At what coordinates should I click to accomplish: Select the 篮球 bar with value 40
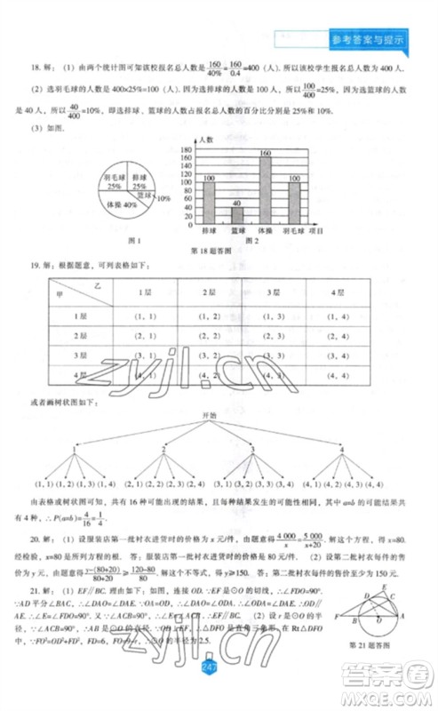coord(236,214)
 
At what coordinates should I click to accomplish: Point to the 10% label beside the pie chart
coord(163,197)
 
